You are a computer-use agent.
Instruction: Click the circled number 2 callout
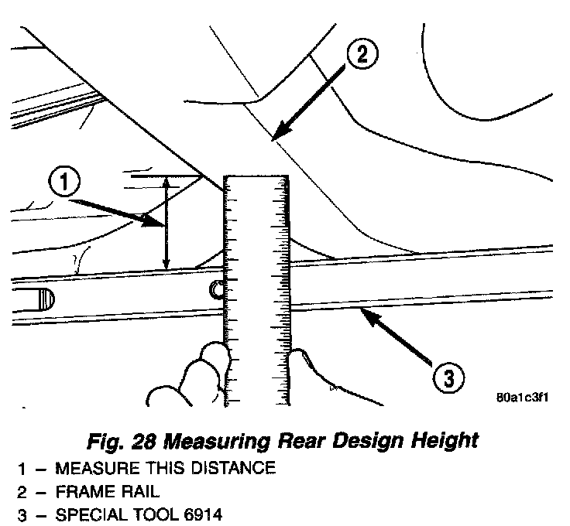click(x=362, y=54)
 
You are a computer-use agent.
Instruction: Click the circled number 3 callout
click(x=448, y=378)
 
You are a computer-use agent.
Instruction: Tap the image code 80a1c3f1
click(x=524, y=398)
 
